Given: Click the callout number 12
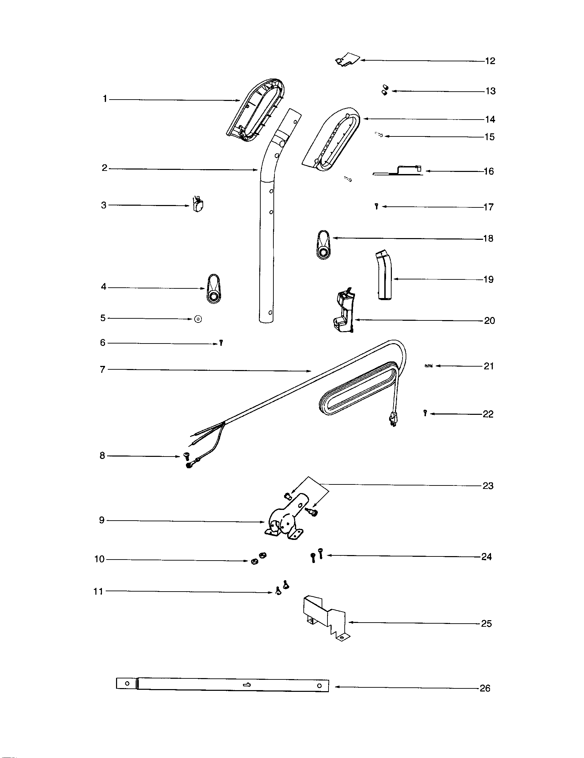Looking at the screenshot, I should point(490,61).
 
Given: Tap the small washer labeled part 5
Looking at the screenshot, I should point(198,319).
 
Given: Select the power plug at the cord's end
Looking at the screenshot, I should point(393,418).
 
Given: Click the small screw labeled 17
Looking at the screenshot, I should point(376,206).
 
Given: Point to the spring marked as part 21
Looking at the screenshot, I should point(429,366).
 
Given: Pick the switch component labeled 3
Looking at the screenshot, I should point(198,205).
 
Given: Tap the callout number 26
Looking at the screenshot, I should point(485,688).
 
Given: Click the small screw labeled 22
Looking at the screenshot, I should point(425,413).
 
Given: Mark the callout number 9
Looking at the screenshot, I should point(102,520).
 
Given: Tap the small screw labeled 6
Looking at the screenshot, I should point(221,343).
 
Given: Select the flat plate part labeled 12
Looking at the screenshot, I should point(349,59).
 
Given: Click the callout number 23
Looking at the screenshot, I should point(488,486).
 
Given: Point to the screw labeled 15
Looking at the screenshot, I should point(379,135).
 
